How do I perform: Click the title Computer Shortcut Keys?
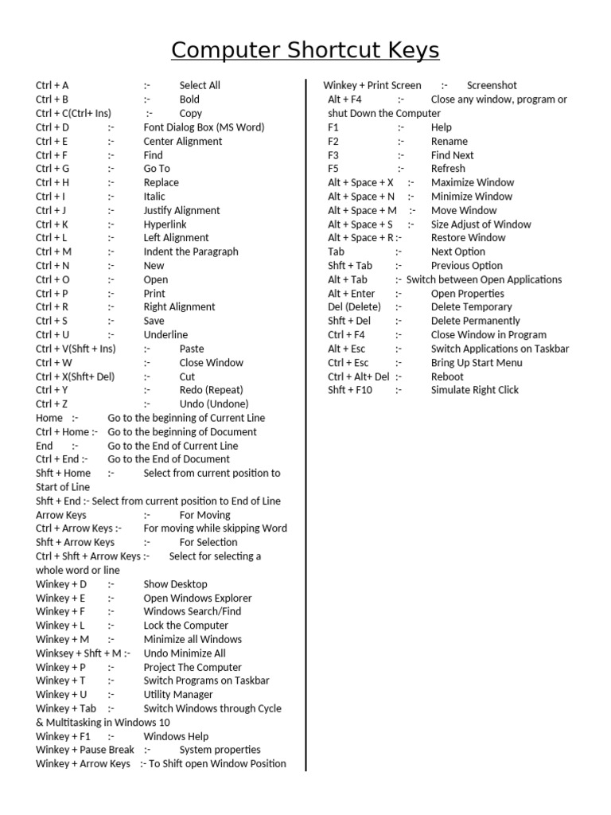tap(305, 50)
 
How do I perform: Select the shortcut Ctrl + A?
tap(53, 85)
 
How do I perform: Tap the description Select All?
tap(200, 85)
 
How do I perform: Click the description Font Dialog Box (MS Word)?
tap(204, 127)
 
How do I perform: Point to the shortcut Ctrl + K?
tap(52, 224)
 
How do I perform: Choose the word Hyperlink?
tap(165, 224)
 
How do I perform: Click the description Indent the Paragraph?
tap(191, 252)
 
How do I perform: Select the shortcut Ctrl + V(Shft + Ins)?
tap(76, 349)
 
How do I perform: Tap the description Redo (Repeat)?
tap(211, 390)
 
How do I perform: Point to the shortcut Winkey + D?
tap(61, 584)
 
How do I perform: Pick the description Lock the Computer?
tap(185, 626)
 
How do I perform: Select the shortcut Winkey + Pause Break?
tap(85, 750)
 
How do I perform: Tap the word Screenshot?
tap(492, 85)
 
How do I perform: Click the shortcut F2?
tap(333, 141)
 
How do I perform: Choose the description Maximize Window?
tap(473, 182)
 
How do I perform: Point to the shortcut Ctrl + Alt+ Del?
tap(359, 376)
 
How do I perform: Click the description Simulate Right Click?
tap(474, 390)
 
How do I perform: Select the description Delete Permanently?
tap(476, 321)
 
